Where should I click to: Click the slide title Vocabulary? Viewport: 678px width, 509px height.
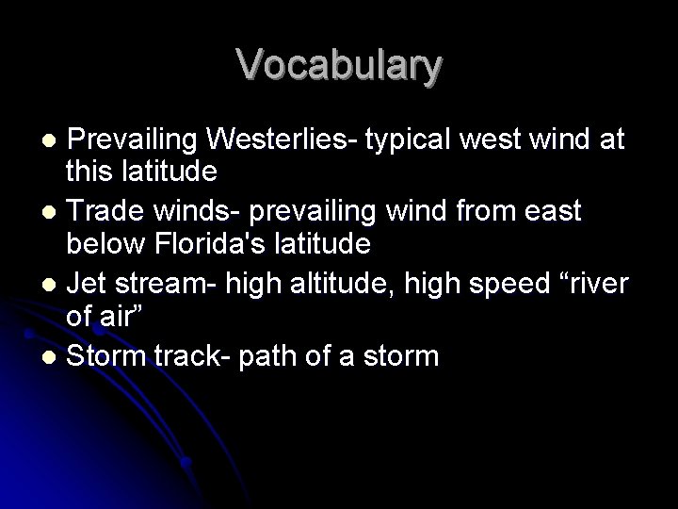(x=339, y=65)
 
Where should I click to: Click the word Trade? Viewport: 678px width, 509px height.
(x=103, y=212)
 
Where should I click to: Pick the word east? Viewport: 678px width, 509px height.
(x=552, y=212)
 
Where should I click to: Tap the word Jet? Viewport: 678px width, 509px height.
(x=86, y=284)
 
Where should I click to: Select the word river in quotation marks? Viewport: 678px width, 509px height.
(x=593, y=284)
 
